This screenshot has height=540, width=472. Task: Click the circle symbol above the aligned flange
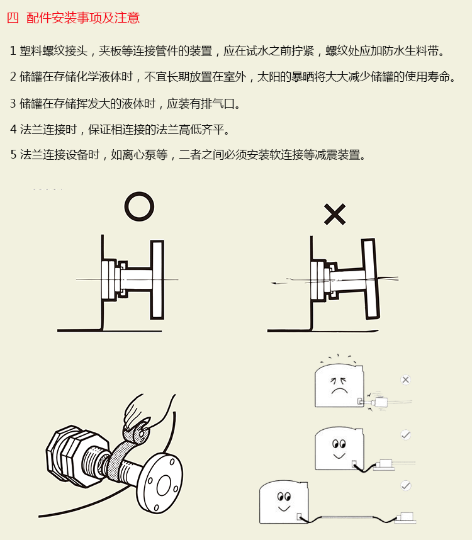point(139,206)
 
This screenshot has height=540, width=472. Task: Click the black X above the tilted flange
point(335,215)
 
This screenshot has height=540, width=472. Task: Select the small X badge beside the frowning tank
point(406,380)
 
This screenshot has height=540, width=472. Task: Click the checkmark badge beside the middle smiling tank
point(406,434)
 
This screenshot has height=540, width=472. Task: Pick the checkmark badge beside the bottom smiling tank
point(406,485)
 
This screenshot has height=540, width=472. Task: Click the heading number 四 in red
point(13,18)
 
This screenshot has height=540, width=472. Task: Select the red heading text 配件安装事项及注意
point(83,18)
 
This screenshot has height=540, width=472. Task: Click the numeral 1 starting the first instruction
point(13,50)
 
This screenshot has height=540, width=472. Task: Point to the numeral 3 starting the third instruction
point(13,103)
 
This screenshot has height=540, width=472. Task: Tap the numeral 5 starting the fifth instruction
point(13,155)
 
